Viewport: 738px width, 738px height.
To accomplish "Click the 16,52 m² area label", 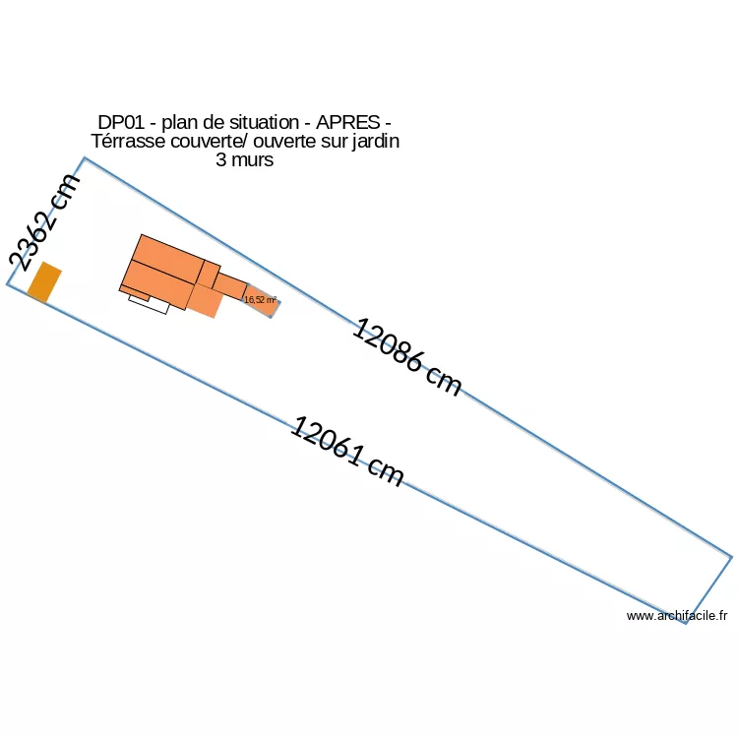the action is [260, 299].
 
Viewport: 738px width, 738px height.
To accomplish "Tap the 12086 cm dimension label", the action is [406, 358].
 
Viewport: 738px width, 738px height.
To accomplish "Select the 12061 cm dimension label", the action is [347, 452].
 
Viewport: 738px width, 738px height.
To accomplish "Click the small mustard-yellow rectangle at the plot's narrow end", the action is [44, 282].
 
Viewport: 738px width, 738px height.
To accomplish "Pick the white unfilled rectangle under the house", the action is [149, 304].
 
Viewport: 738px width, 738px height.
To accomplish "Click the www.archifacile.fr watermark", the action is [677, 616].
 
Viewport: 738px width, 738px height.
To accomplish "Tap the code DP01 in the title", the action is [121, 122].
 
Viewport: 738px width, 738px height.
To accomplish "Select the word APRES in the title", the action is [347, 122].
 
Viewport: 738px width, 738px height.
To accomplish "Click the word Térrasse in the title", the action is [128, 141].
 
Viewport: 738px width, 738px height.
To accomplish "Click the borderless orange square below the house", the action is [206, 301].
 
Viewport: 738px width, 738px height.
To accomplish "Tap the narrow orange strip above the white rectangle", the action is [135, 293].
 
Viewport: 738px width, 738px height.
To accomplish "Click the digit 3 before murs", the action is [221, 160].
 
